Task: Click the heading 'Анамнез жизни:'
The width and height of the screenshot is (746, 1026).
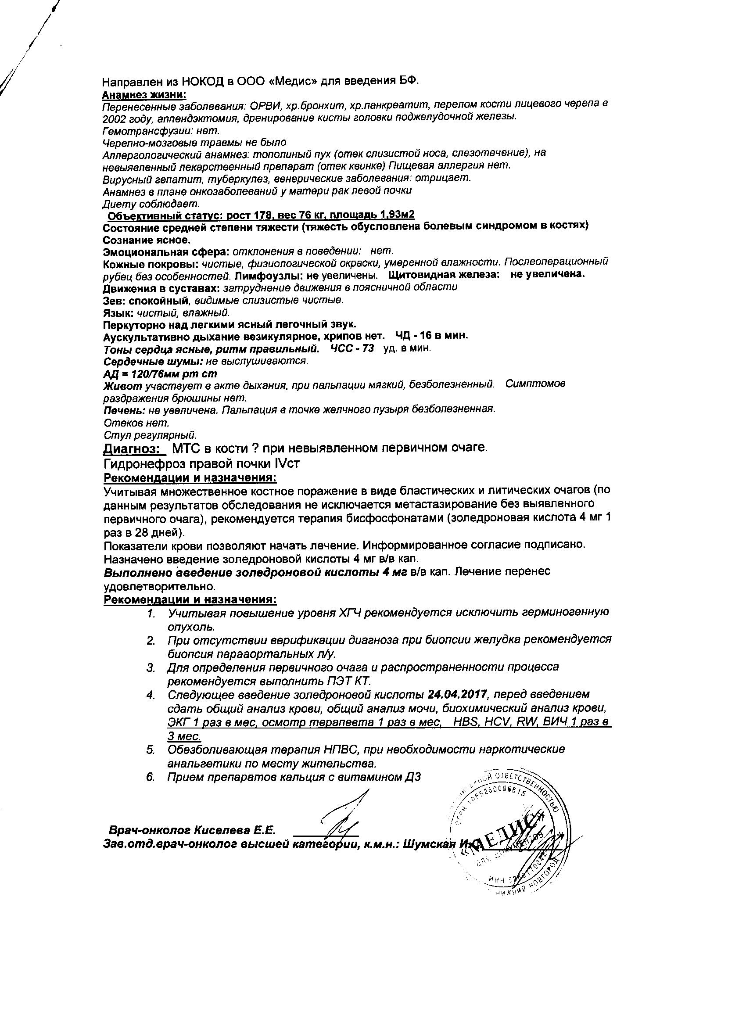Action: [144, 94]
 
